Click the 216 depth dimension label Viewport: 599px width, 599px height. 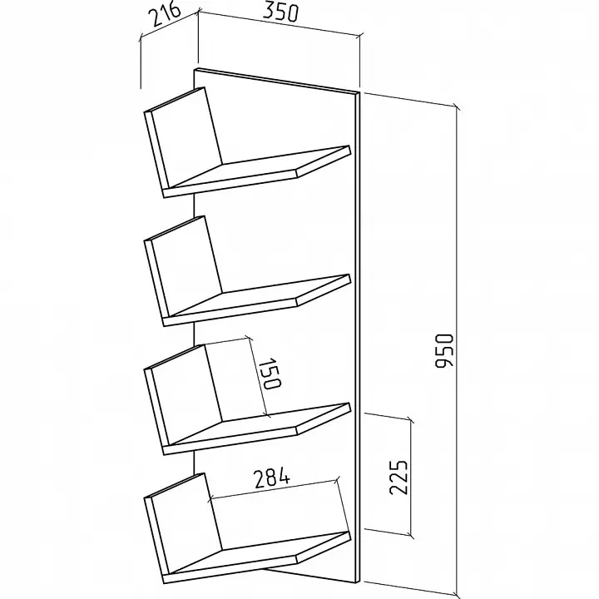[x=164, y=14]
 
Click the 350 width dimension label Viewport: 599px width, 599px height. [x=280, y=12]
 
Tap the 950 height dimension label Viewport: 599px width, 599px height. [x=444, y=351]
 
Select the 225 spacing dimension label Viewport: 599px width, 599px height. [x=399, y=478]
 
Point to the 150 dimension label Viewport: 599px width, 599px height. [x=270, y=374]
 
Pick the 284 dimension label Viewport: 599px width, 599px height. [x=272, y=478]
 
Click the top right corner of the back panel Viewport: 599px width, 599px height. [x=360, y=92]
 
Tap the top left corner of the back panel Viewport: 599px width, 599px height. [x=195, y=70]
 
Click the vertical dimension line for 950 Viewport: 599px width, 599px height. [x=457, y=351]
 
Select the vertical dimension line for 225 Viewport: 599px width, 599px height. [x=411, y=478]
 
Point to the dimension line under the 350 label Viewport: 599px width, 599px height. [x=279, y=24]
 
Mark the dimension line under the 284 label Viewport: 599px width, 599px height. [x=274, y=489]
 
